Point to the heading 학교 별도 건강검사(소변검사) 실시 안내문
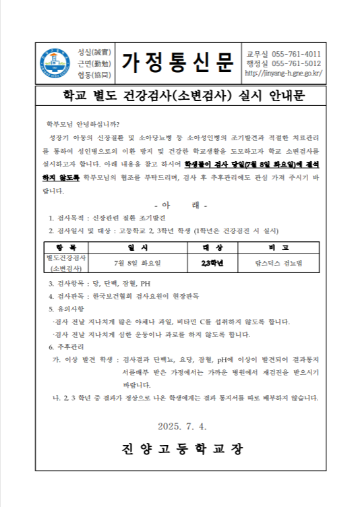point(179,95)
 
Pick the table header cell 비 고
point(277,247)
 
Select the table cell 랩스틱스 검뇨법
point(277,263)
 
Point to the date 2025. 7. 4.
point(182,425)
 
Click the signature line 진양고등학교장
point(182,448)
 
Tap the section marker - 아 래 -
point(181,205)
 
